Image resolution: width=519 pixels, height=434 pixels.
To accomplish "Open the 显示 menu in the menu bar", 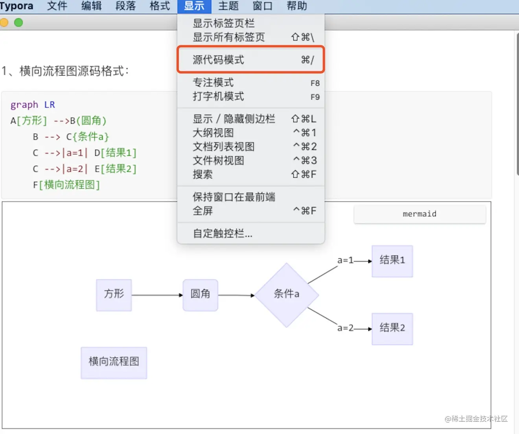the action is click(194, 6).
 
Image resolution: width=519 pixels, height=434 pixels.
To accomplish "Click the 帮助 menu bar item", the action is click(297, 6).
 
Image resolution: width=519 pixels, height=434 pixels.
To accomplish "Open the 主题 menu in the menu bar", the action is click(228, 6).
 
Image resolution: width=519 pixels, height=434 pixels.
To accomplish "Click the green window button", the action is click(18, 22).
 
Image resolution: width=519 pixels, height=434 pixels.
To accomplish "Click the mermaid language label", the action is click(420, 214).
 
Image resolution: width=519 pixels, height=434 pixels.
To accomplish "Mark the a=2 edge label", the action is click(345, 328).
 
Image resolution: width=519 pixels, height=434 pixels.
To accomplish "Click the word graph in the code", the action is click(24, 105).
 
